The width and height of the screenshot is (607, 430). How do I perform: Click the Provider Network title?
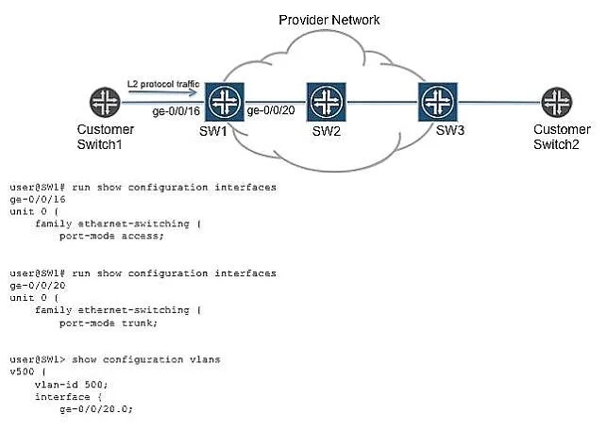click(329, 20)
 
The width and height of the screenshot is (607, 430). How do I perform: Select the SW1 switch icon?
click(225, 102)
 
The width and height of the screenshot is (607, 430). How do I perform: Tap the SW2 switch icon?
click(327, 102)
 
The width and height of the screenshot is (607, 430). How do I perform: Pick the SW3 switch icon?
click(438, 102)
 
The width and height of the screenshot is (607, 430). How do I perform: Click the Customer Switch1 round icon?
click(105, 102)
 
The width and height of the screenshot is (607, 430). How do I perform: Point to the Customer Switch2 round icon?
click(556, 102)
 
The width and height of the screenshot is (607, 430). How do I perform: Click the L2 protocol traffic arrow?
click(162, 92)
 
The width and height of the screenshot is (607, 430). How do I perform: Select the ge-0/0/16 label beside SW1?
click(177, 111)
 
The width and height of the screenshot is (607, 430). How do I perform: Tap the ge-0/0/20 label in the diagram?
click(271, 110)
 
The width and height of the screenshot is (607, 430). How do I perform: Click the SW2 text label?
click(327, 131)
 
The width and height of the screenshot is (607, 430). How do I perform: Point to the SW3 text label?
click(450, 130)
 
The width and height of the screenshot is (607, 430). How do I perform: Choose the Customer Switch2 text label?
click(562, 137)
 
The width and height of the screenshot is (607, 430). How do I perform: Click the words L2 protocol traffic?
click(163, 84)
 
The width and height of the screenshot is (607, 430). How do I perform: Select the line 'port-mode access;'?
click(111, 236)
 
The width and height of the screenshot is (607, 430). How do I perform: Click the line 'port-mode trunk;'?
click(109, 322)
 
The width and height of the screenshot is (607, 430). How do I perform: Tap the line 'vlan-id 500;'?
click(71, 385)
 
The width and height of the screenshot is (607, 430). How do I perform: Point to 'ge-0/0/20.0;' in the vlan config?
click(96, 408)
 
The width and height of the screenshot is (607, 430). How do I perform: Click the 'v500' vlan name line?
click(28, 372)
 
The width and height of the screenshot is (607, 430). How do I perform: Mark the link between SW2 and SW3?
click(382, 102)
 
